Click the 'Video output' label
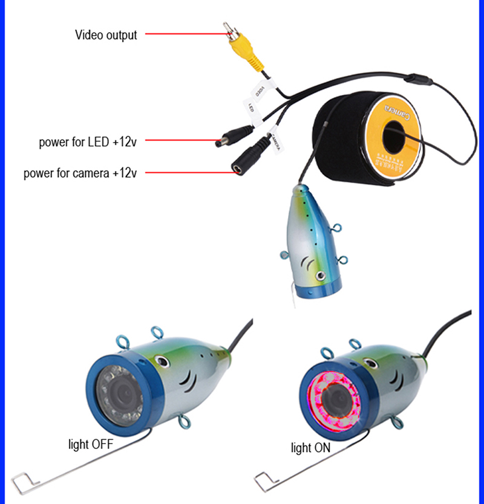(106, 34)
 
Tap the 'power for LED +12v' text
(87, 143)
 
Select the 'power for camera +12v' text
(80, 173)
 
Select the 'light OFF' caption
(90, 445)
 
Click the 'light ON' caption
(310, 448)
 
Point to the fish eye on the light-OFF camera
(162, 362)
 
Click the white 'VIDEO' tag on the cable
(260, 91)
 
